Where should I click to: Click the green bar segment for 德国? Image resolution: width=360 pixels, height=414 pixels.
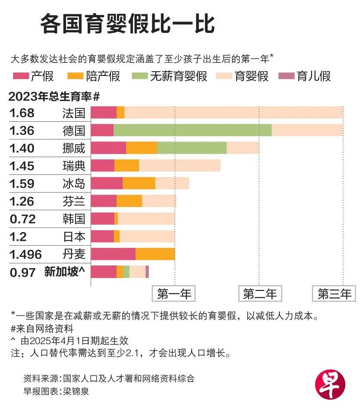[x=193, y=130]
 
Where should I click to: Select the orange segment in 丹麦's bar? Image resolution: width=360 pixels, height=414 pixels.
[x=155, y=254]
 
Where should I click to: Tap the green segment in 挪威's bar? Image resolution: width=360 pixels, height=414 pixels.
[x=192, y=148]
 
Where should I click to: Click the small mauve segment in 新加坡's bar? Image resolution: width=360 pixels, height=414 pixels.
[x=147, y=272]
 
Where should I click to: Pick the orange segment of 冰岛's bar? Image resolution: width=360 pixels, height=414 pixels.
[x=139, y=183]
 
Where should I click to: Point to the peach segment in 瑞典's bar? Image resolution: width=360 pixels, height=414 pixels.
[x=180, y=166]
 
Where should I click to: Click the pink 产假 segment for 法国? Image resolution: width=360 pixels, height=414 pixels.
[x=104, y=113]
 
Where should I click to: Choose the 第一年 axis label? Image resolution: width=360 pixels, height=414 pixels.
[x=174, y=294]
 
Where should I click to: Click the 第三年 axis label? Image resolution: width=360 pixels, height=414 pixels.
[x=334, y=294]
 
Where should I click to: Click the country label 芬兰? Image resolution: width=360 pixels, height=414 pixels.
[x=74, y=201]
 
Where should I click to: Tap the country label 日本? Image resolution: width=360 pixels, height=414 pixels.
[x=74, y=237]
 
